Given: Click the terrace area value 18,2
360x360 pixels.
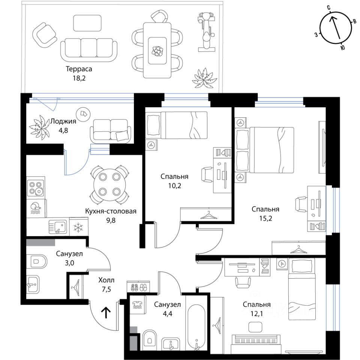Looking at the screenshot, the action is pos(79,78).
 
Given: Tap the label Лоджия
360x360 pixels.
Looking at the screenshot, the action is pos(63,121).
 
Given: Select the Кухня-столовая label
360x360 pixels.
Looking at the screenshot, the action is pos(111,211).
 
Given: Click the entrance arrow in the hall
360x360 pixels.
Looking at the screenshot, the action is pos(106,313).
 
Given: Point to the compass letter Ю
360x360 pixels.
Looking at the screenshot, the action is pos(342,47).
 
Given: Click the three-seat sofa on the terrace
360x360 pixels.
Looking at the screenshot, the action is pos(89,50).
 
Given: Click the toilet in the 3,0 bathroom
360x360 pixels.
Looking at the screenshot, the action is pos(37,261).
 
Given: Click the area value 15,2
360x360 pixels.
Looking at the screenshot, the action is pos(265,218).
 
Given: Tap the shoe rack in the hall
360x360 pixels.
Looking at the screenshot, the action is pos(138,286).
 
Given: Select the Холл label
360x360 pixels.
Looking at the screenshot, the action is pos(106,280).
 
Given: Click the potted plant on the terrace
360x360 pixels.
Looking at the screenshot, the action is pos(204,78).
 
